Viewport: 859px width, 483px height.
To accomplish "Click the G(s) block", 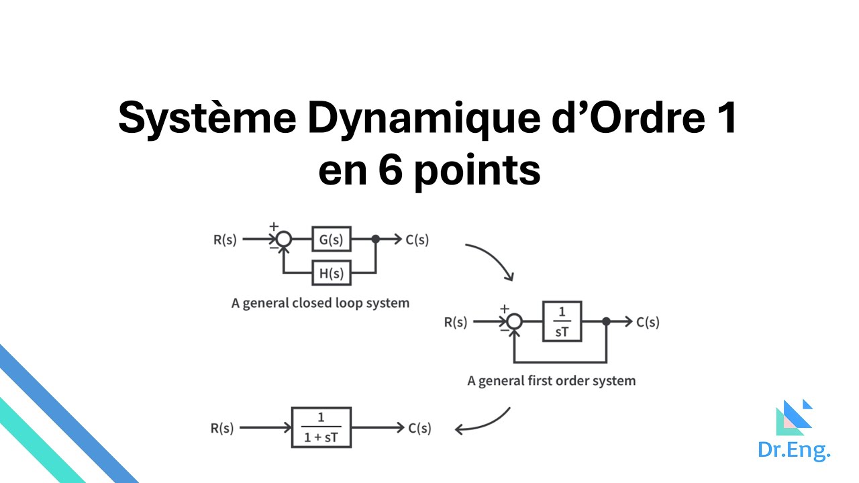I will coord(331,239).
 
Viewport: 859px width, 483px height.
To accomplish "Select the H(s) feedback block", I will coord(331,273).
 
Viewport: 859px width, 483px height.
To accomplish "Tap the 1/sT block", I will coord(562,322).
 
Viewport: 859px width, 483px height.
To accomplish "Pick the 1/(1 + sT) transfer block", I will coord(321,427).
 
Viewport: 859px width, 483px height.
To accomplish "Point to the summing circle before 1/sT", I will coord(514,322).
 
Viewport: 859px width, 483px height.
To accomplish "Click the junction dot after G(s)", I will coord(376,239).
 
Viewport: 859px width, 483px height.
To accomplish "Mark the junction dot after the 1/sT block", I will coord(606,322).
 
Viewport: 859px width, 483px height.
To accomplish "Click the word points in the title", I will coord(476,171).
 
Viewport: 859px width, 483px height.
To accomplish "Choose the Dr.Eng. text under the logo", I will coord(794,450).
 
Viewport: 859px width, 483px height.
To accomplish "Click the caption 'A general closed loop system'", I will coord(320,303).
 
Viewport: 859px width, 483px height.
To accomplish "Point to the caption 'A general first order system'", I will coord(551,380).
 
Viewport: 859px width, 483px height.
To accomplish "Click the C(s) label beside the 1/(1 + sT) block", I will coord(419,427).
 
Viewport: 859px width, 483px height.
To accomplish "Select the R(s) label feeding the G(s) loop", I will coord(225,239).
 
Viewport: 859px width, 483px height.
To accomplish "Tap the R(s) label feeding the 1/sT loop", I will coord(456,322).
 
